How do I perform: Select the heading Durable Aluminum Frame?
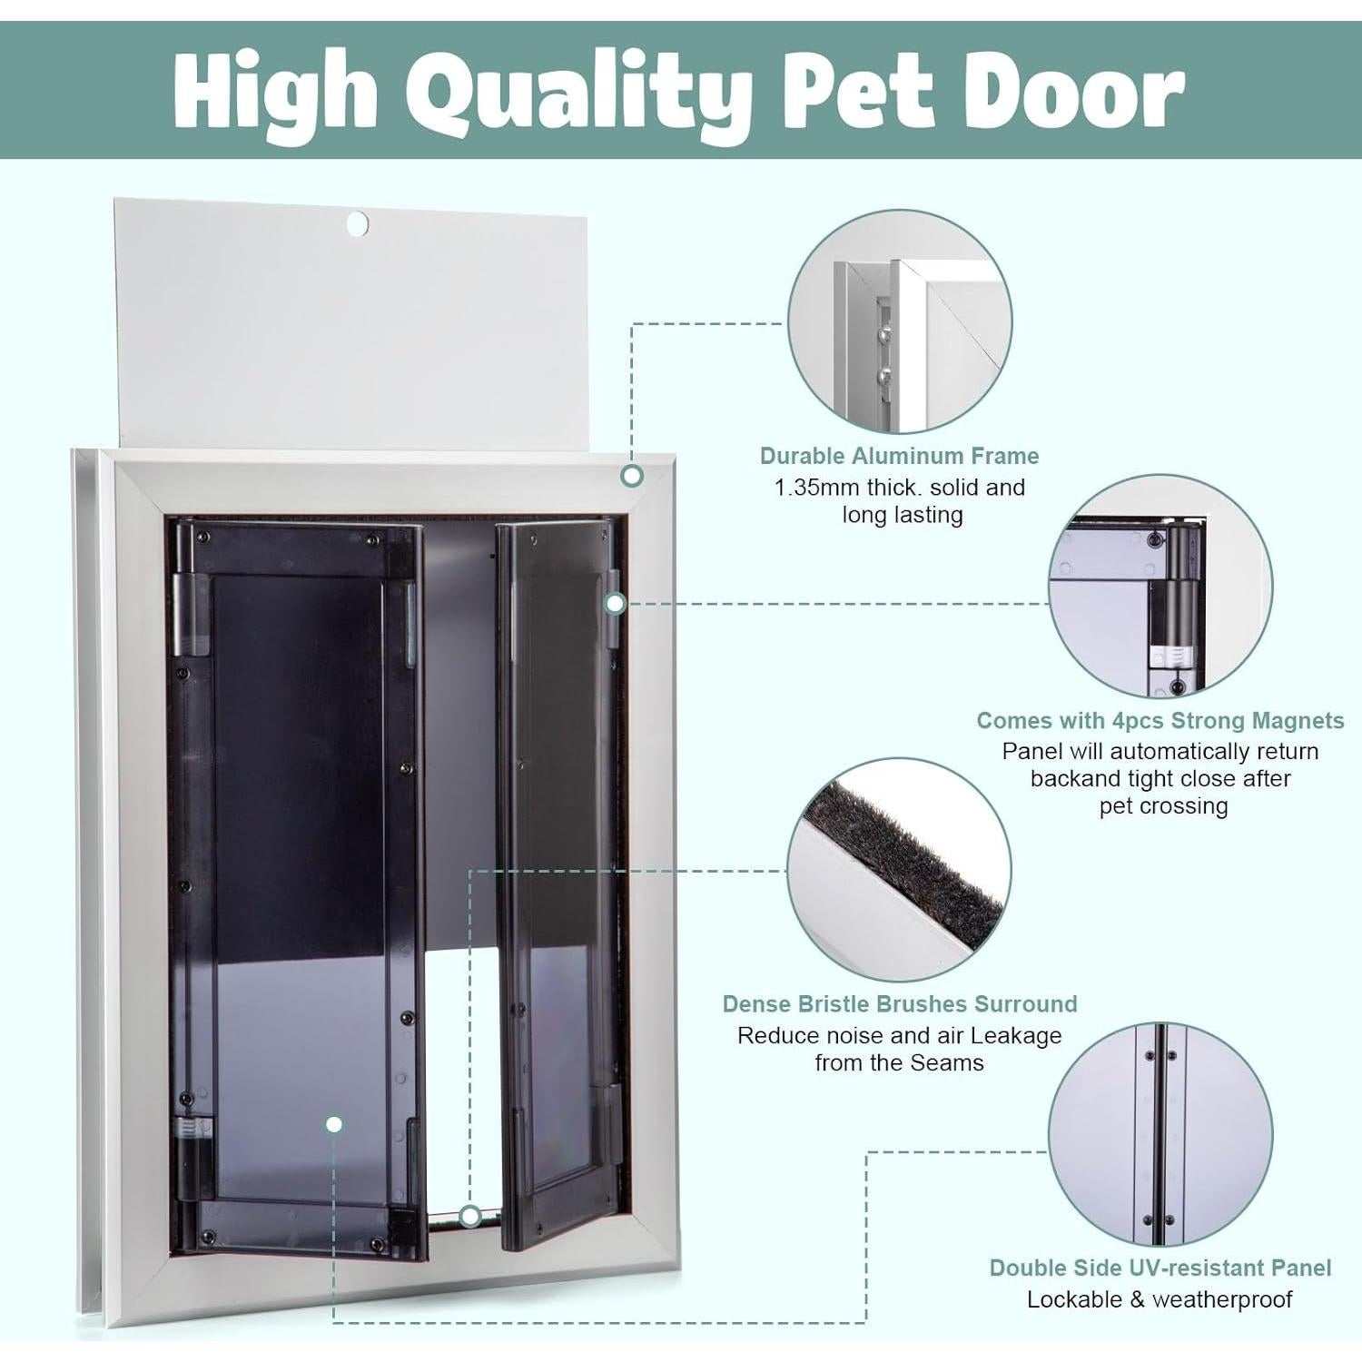point(899,456)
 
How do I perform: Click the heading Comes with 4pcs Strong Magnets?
point(1160,721)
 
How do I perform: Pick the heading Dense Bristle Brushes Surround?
point(899,1004)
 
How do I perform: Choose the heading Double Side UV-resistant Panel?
point(1160,1268)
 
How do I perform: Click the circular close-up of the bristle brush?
point(899,870)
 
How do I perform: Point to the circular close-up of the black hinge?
point(1160,587)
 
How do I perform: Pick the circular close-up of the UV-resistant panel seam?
point(1160,1134)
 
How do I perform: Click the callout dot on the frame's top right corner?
point(632,475)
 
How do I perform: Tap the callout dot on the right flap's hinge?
point(615,603)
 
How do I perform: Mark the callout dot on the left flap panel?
point(334,1124)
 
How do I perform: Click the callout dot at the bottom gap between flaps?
point(469,1216)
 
